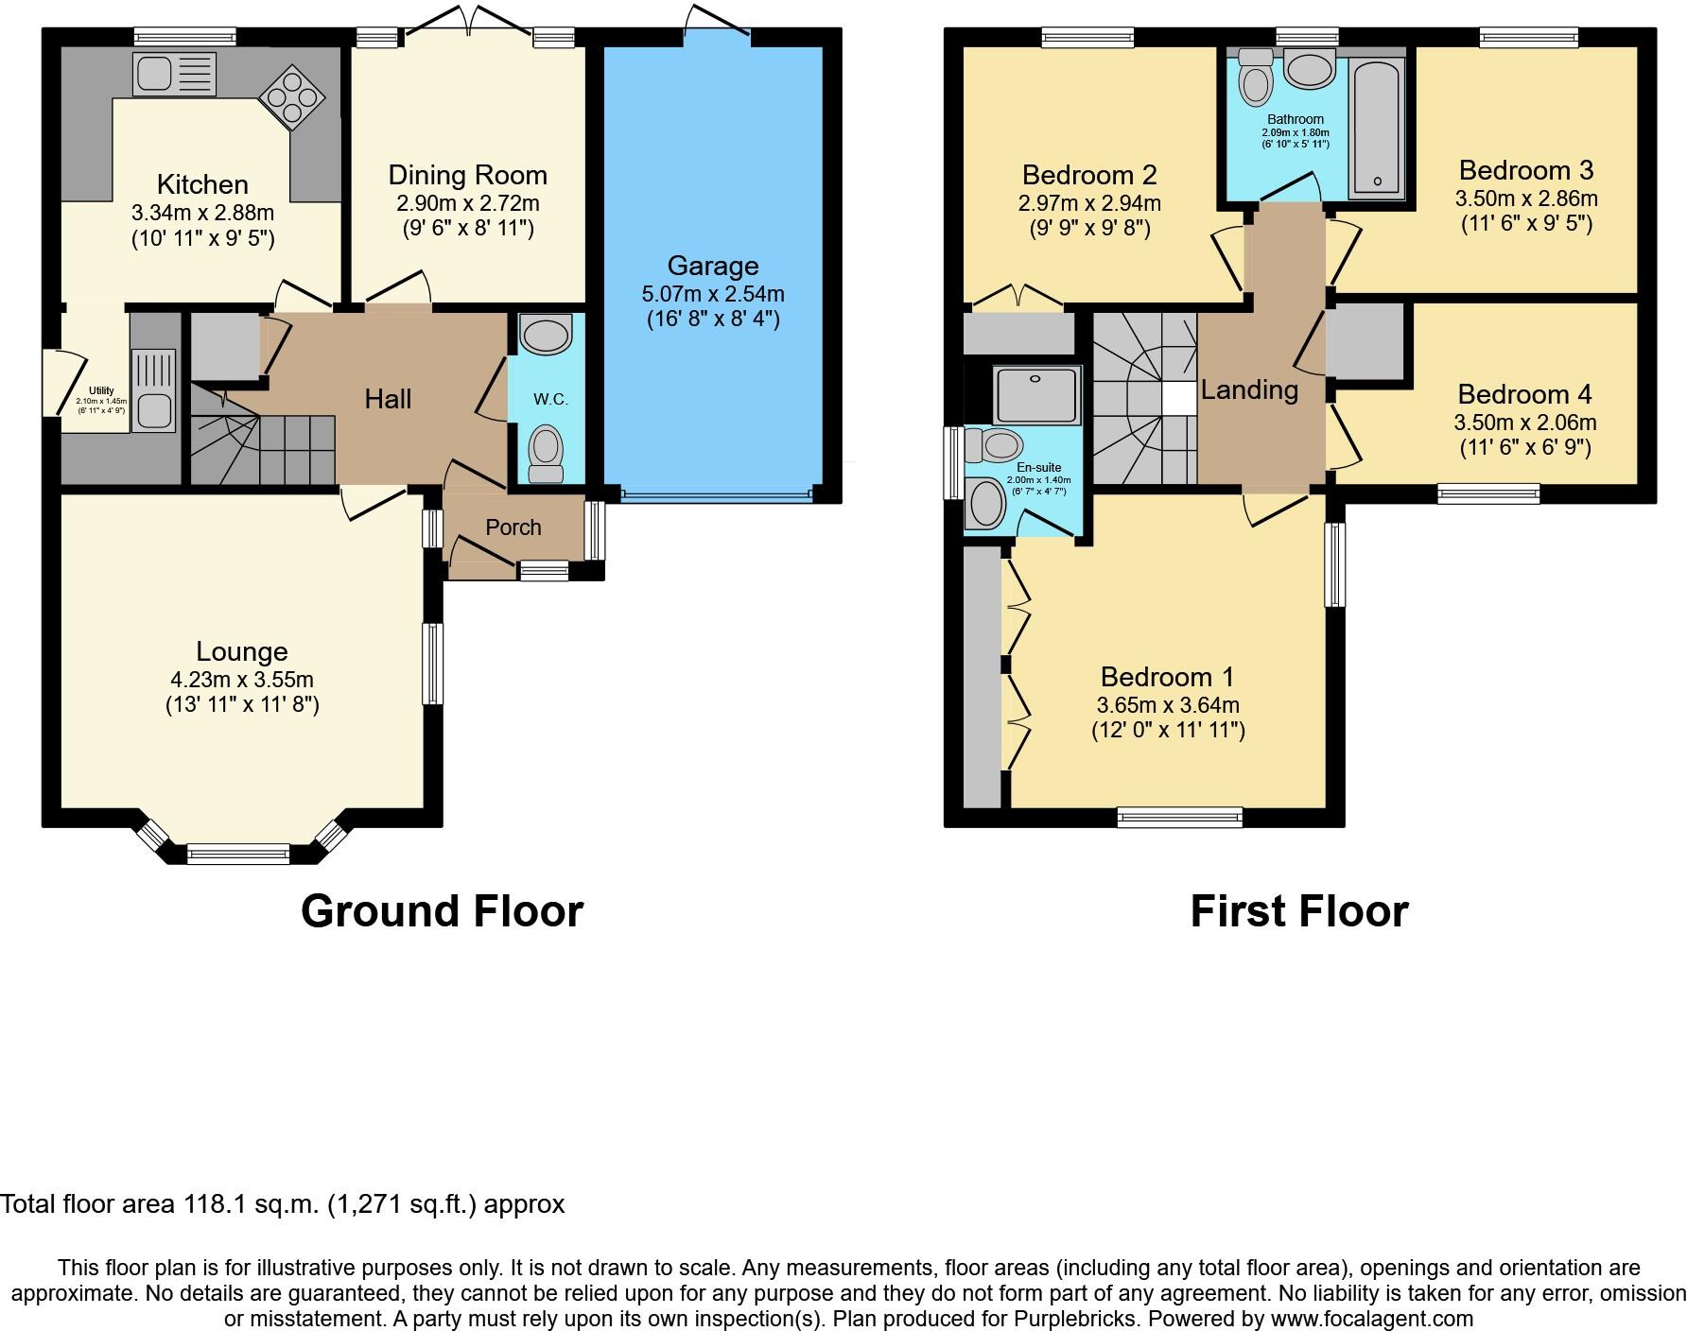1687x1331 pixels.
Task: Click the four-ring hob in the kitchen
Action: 293,95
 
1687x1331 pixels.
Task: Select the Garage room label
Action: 713,267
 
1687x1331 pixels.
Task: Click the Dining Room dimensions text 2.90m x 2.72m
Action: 467,202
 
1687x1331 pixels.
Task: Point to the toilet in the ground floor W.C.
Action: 546,451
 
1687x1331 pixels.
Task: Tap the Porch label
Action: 513,527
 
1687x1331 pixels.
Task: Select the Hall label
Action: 388,399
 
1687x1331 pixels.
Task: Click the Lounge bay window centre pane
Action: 238,855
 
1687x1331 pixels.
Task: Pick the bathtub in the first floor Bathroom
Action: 1377,128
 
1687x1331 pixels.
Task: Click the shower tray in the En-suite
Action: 1036,395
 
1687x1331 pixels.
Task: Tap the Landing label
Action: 1249,389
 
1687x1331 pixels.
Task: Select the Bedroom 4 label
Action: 1524,394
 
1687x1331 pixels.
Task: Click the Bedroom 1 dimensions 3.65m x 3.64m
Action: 1168,705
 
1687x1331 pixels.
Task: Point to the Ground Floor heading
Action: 442,911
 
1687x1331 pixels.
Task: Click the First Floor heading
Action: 1298,911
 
